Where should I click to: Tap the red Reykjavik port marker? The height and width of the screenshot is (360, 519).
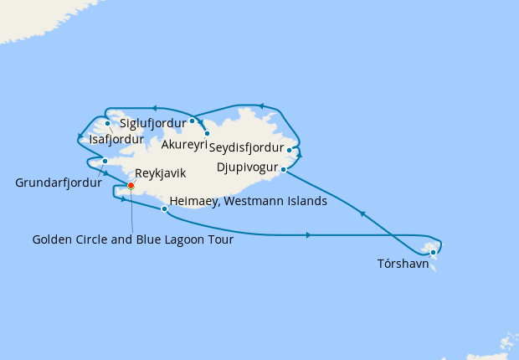click(x=131, y=186)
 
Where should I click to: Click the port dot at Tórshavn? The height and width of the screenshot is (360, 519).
click(x=433, y=252)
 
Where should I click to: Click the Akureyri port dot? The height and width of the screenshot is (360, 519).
click(x=207, y=133)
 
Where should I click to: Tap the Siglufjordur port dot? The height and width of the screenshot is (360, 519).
click(x=192, y=121)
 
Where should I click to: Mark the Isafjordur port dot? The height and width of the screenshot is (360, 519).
click(x=108, y=124)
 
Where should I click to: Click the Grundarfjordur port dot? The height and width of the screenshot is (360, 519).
click(x=105, y=161)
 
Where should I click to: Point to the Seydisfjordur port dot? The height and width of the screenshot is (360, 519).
click(x=290, y=152)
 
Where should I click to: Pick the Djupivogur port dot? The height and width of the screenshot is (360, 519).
click(x=283, y=170)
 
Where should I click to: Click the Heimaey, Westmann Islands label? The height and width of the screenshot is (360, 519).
click(x=248, y=201)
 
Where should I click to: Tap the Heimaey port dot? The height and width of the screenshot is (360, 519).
click(x=163, y=209)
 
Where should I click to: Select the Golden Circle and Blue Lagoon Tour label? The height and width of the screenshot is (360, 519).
click(x=132, y=239)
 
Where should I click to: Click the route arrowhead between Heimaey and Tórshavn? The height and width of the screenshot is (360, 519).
click(x=309, y=235)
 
